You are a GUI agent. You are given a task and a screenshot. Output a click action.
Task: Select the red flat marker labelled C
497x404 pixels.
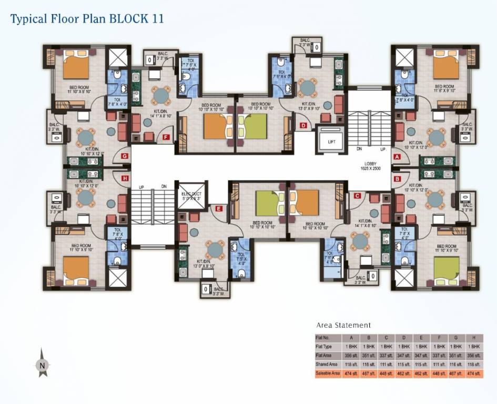pos(357,196)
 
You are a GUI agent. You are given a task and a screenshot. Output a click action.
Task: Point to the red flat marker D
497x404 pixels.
pos(303,125)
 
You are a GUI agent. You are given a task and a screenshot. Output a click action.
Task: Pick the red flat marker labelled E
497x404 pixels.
pos(219,208)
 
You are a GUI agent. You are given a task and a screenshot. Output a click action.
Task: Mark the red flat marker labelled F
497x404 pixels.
pos(166,137)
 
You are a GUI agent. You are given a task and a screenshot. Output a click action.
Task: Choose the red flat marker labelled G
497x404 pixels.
pos(125,156)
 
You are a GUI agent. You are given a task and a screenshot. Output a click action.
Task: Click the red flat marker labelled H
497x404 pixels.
pos(125,178)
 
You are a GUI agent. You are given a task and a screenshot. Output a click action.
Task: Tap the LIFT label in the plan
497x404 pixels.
pos(331,142)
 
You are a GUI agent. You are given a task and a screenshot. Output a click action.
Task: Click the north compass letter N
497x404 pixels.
pos(42,364)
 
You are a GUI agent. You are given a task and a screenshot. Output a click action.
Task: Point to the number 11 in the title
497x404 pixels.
pos(156,19)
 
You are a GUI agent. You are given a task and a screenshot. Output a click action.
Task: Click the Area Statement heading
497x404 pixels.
pos(343,325)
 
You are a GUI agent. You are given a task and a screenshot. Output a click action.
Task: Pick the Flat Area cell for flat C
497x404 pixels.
pos(387,355)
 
